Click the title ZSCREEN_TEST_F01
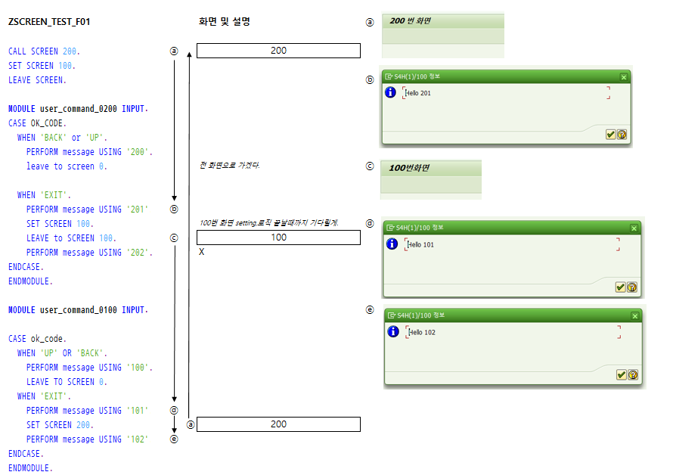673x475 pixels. click(49, 22)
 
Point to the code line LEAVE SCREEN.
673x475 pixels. click(37, 80)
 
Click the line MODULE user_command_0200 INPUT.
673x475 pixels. click(78, 109)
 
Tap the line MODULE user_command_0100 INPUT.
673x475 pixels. click(78, 310)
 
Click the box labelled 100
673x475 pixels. click(278, 237)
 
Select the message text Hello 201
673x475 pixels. click(418, 93)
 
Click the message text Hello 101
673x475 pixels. click(420, 245)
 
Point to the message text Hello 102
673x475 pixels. click(421, 333)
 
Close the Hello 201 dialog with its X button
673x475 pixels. click(624, 77)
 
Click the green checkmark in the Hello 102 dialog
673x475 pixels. click(621, 374)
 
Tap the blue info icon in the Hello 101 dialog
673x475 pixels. click(392, 244)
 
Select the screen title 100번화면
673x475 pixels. click(408, 168)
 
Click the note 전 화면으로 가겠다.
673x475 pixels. click(229, 165)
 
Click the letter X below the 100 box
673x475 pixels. click(201, 252)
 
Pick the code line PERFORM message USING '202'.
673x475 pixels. click(89, 253)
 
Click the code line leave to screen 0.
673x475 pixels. click(67, 166)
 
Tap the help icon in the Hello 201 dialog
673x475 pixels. click(622, 135)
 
